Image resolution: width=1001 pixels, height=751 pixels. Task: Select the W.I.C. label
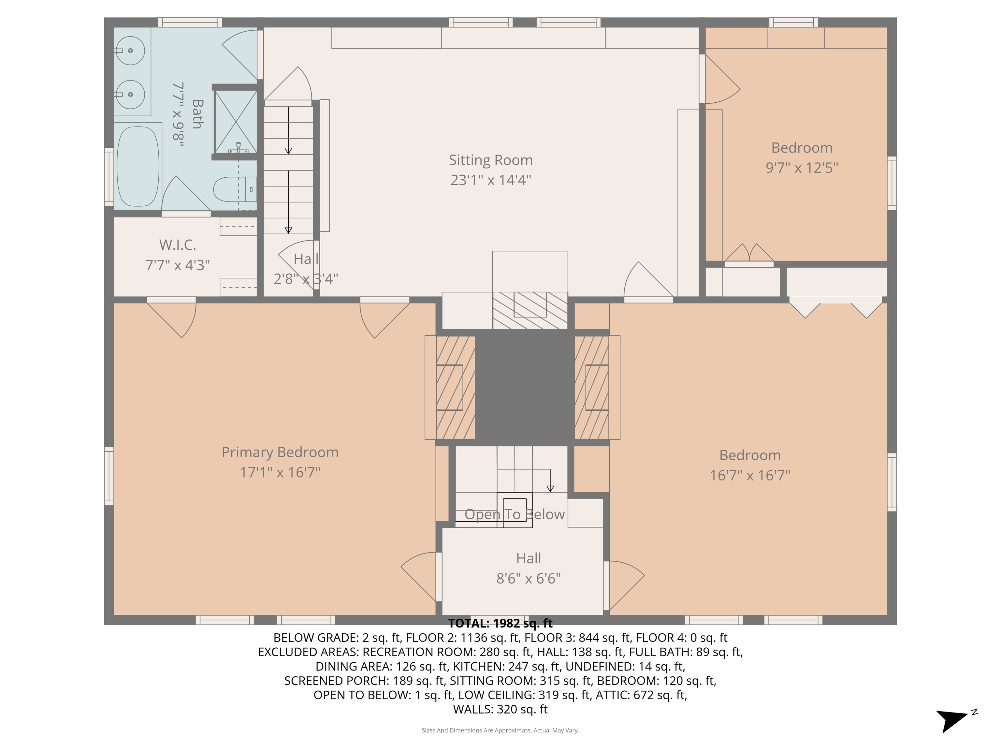[x=177, y=245]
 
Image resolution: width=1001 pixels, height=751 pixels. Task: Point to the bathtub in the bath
[x=138, y=166]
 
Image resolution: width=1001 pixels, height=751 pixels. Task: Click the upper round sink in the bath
[x=131, y=51]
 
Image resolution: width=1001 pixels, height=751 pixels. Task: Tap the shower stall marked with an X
[x=235, y=121]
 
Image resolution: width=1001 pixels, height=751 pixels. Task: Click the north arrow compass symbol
[x=952, y=720]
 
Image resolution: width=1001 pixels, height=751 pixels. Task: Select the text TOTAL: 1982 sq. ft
[x=500, y=623]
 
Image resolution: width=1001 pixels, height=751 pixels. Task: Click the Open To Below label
[x=515, y=515]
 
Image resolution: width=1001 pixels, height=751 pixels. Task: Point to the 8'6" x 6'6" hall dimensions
[x=528, y=579]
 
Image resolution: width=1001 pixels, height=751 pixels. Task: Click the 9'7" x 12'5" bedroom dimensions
[x=802, y=168]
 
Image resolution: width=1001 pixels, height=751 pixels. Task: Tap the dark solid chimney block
[x=525, y=387]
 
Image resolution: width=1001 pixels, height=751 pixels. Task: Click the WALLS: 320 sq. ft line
[x=500, y=709]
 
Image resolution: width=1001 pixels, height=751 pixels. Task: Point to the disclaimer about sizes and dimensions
[x=500, y=730]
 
